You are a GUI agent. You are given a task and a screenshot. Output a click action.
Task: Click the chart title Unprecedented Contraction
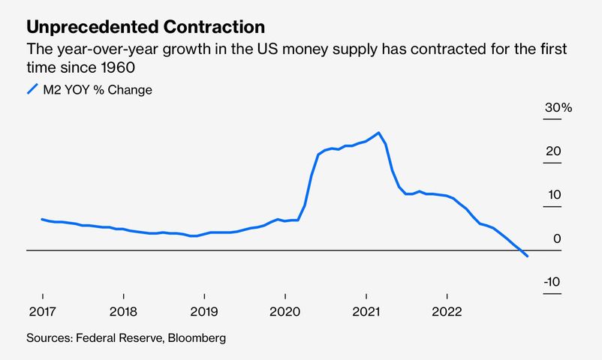pyautogui.click(x=146, y=28)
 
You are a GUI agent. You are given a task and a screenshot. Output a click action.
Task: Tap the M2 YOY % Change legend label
pyautogui.click(x=98, y=90)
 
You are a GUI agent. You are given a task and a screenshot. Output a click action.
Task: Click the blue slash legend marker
pyautogui.click(x=32, y=90)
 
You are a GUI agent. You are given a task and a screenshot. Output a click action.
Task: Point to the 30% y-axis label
pyautogui.click(x=558, y=108)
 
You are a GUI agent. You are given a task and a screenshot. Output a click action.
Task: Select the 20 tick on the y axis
pyautogui.click(x=553, y=151)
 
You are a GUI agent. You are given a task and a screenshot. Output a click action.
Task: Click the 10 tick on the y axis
pyautogui.click(x=553, y=195)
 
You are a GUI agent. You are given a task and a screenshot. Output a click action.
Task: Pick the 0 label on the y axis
pyautogui.click(x=557, y=238)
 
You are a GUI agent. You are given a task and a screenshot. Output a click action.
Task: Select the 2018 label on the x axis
pyautogui.click(x=122, y=310)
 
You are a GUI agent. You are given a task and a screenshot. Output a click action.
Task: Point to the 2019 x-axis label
pyautogui.click(x=203, y=310)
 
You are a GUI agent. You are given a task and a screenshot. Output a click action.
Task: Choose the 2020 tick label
pyautogui.click(x=284, y=310)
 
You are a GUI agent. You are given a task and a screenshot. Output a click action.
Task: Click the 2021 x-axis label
pyautogui.click(x=366, y=310)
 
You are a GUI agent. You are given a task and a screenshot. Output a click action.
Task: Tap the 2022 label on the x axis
pyautogui.click(x=447, y=310)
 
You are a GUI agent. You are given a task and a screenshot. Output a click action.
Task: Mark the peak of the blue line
pyautogui.click(x=379, y=133)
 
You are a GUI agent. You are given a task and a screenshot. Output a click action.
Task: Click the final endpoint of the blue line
pyautogui.click(x=528, y=256)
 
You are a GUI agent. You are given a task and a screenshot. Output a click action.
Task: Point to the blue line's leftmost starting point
pyautogui.click(x=42, y=219)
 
